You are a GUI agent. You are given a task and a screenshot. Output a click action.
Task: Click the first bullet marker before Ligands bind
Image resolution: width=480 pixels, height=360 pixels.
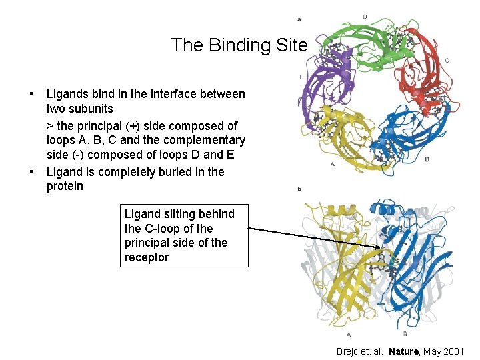point(32,95)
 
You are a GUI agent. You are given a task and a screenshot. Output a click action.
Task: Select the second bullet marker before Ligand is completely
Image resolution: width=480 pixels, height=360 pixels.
point(32,172)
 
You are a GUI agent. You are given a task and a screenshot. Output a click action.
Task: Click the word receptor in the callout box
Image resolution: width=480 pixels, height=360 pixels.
point(146,257)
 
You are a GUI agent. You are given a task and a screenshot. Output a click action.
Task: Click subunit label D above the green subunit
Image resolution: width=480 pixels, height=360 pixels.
point(364,16)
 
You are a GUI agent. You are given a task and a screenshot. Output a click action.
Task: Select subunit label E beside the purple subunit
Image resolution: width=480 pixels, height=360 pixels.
point(302,78)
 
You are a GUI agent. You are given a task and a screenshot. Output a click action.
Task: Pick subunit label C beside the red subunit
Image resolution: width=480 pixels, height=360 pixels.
point(447,61)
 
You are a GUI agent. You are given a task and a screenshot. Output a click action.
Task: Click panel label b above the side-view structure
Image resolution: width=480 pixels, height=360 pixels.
point(299,189)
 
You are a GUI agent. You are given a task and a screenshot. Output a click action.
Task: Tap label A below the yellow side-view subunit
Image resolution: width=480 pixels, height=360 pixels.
point(349,334)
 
